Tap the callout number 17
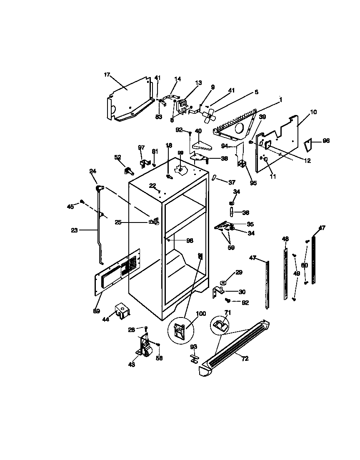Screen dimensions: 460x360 pos(107,75)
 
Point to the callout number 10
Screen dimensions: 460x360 pos(313,112)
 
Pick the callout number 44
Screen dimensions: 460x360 pos(106,319)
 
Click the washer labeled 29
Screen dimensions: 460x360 pos(224,283)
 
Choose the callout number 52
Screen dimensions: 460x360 pos(117,157)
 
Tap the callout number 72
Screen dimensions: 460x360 pos(245,358)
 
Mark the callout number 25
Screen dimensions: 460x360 pos(118,222)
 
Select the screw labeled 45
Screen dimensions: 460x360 pos(82,201)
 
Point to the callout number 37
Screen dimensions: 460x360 pos(232,182)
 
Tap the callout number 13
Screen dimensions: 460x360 pos(198,83)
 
